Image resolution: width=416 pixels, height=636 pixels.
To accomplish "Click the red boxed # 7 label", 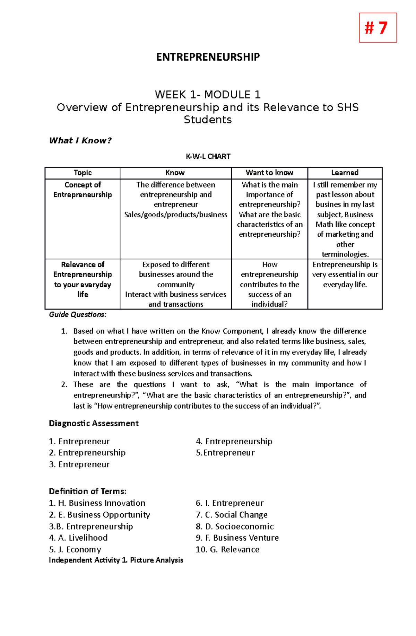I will click(x=378, y=28).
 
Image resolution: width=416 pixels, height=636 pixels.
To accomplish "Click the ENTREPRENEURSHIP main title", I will click(x=208, y=57).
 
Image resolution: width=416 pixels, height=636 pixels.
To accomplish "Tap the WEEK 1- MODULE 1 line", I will click(x=208, y=94).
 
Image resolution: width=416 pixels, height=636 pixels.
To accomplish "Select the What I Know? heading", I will click(x=80, y=140).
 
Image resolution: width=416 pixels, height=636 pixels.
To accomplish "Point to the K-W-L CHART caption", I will click(x=208, y=156).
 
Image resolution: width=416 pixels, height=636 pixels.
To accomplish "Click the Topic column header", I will click(x=83, y=173).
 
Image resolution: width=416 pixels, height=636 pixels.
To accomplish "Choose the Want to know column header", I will click(x=269, y=173).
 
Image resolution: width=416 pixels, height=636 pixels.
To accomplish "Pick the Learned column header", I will click(x=345, y=173).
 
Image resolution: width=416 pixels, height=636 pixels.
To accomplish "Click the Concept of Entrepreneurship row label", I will click(x=83, y=190).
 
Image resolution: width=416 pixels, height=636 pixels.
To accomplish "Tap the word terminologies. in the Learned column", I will click(x=345, y=254).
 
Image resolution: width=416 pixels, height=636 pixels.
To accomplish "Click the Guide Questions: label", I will click(x=78, y=314).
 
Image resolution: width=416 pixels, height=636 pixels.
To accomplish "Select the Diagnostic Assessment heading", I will click(x=94, y=423).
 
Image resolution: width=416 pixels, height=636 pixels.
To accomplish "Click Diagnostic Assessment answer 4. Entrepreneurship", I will click(x=234, y=441).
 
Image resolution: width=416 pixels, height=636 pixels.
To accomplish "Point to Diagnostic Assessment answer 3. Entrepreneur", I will click(x=79, y=464).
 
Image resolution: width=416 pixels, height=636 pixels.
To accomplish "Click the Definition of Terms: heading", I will click(x=87, y=491).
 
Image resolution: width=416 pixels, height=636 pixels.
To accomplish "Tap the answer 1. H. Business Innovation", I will click(x=97, y=503).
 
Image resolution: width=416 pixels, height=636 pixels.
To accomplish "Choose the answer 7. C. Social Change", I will click(x=232, y=515).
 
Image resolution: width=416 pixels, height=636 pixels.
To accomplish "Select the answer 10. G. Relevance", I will click(x=227, y=549).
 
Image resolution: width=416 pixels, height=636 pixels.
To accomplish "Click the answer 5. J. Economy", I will click(x=75, y=549).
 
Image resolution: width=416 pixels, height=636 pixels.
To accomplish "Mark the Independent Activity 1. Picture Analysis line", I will click(x=116, y=560).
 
